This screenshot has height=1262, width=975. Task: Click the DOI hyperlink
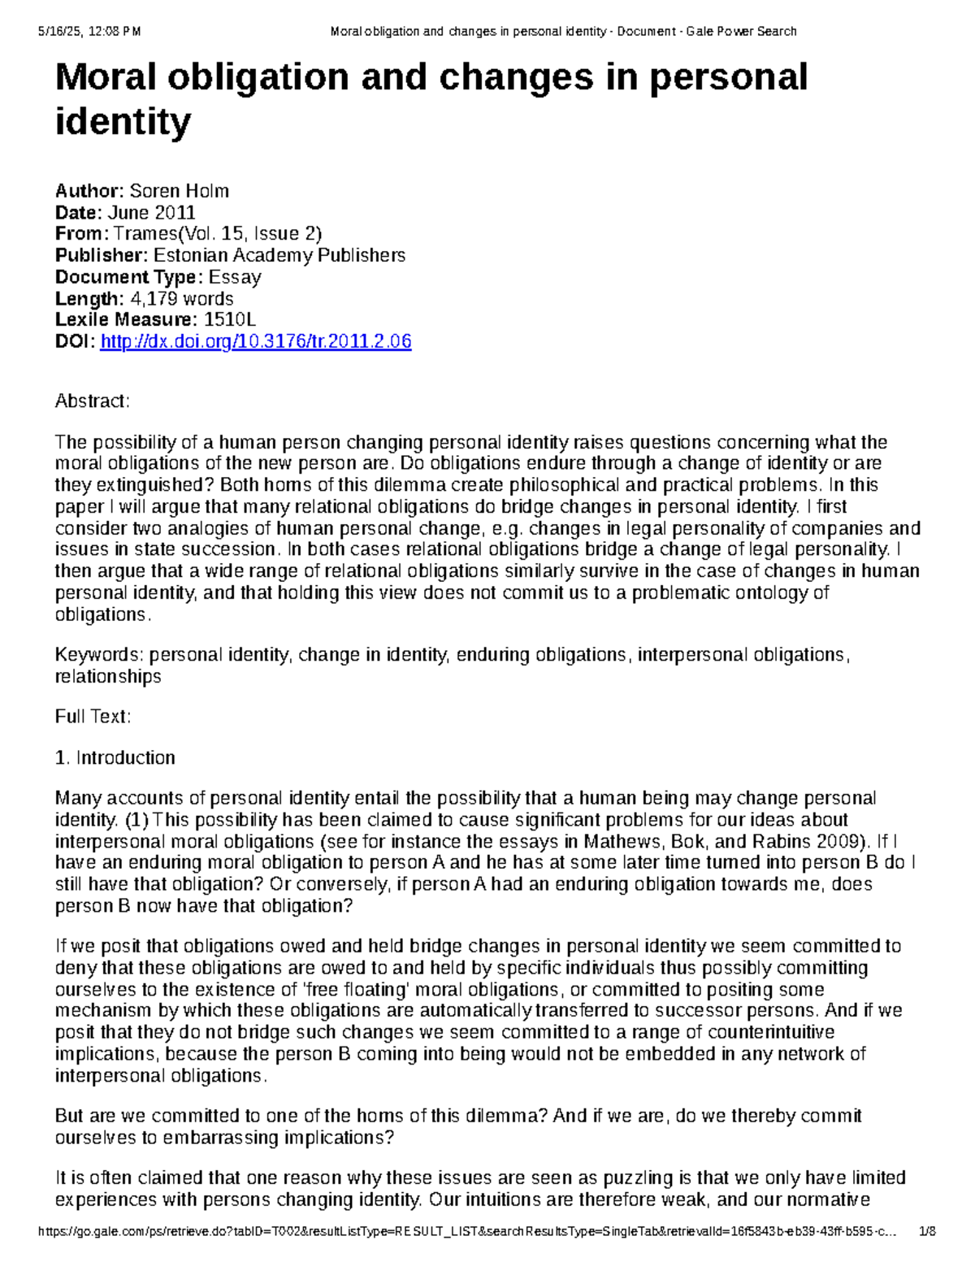point(255,342)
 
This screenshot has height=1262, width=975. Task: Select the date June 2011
point(151,213)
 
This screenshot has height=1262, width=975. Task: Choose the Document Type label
point(128,277)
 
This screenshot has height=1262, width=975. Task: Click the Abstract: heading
point(92,401)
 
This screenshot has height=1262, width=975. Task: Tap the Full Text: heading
point(93,717)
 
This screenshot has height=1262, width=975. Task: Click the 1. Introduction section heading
point(115,758)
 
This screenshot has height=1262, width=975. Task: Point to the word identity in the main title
point(123,123)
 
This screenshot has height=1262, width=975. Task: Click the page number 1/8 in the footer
point(926,1231)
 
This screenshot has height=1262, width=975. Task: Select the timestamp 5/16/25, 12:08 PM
point(89,32)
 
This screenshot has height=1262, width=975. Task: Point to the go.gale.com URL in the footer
point(467,1231)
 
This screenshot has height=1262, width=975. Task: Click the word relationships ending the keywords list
point(108,677)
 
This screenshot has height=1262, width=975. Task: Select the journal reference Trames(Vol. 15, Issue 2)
point(218,234)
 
